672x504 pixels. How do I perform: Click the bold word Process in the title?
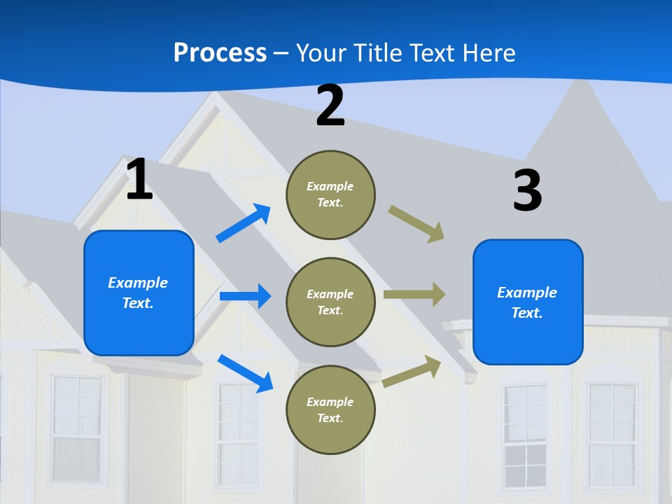pyautogui.click(x=220, y=52)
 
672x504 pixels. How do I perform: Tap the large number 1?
pyautogui.click(x=139, y=180)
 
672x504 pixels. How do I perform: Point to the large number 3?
pyautogui.click(x=527, y=191)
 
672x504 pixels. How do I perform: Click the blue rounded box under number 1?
pyautogui.click(x=139, y=293)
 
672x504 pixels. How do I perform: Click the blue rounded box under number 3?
pyautogui.click(x=528, y=302)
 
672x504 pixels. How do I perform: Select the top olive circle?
pyautogui.click(x=330, y=195)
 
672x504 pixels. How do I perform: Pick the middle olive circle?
pyautogui.click(x=330, y=302)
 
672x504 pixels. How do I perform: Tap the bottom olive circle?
pyautogui.click(x=330, y=409)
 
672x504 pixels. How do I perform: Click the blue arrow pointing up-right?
pyautogui.click(x=244, y=223)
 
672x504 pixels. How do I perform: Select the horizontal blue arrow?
pyautogui.click(x=245, y=296)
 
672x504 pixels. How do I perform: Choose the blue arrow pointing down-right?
pyautogui.click(x=245, y=373)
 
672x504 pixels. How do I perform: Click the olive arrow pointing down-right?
pyautogui.click(x=416, y=224)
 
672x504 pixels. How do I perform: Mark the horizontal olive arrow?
pyautogui.click(x=414, y=295)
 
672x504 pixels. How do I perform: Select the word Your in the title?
pyautogui.click(x=321, y=52)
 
